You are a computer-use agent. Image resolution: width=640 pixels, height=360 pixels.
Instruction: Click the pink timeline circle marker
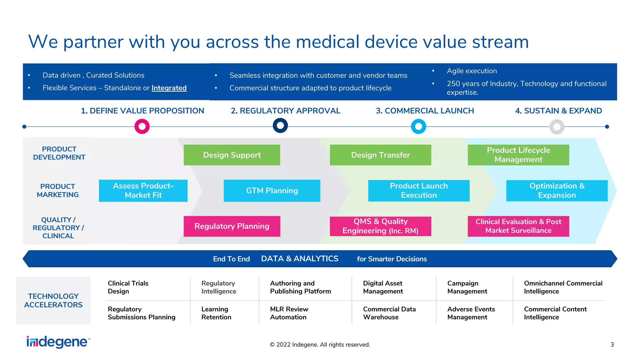pos(142,126)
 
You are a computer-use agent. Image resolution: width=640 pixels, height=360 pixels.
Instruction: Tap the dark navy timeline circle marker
pos(280,126)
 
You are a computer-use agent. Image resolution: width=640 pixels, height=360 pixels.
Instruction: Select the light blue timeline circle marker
pos(418,126)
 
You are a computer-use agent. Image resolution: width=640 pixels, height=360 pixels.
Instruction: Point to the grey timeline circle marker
pos(557,127)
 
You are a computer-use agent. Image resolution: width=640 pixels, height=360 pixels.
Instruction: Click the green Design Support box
pos(232,155)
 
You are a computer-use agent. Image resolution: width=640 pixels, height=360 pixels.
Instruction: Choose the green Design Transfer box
pos(380,155)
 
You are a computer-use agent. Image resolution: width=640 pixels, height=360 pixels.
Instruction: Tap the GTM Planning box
pos(272,191)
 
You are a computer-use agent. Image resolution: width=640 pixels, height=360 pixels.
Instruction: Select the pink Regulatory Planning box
pos(232,226)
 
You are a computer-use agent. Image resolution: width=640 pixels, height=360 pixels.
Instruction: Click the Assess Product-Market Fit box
pos(143,191)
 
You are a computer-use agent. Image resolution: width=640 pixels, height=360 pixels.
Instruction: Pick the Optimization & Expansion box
pos(557,191)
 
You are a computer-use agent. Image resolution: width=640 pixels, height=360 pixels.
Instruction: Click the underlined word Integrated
pos(169,88)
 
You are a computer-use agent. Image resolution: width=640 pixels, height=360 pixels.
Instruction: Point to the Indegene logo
pos(58,342)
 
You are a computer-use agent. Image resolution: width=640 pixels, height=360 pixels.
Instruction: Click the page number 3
pos(612,344)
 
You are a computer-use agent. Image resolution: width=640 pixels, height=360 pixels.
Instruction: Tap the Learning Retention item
pos(216,313)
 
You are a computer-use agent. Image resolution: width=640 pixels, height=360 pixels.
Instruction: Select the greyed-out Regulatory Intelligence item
pos(219,287)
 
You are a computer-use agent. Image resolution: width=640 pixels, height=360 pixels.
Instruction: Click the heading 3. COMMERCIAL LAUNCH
pos(425,111)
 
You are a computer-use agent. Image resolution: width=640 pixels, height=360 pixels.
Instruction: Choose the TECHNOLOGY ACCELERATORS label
pos(53,300)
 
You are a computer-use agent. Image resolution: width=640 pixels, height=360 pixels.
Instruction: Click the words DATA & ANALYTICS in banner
pos(299,259)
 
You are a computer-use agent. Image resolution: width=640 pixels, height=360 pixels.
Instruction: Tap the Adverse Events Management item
pos(471,313)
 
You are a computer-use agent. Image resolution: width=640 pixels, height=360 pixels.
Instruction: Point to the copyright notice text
pos(320,344)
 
